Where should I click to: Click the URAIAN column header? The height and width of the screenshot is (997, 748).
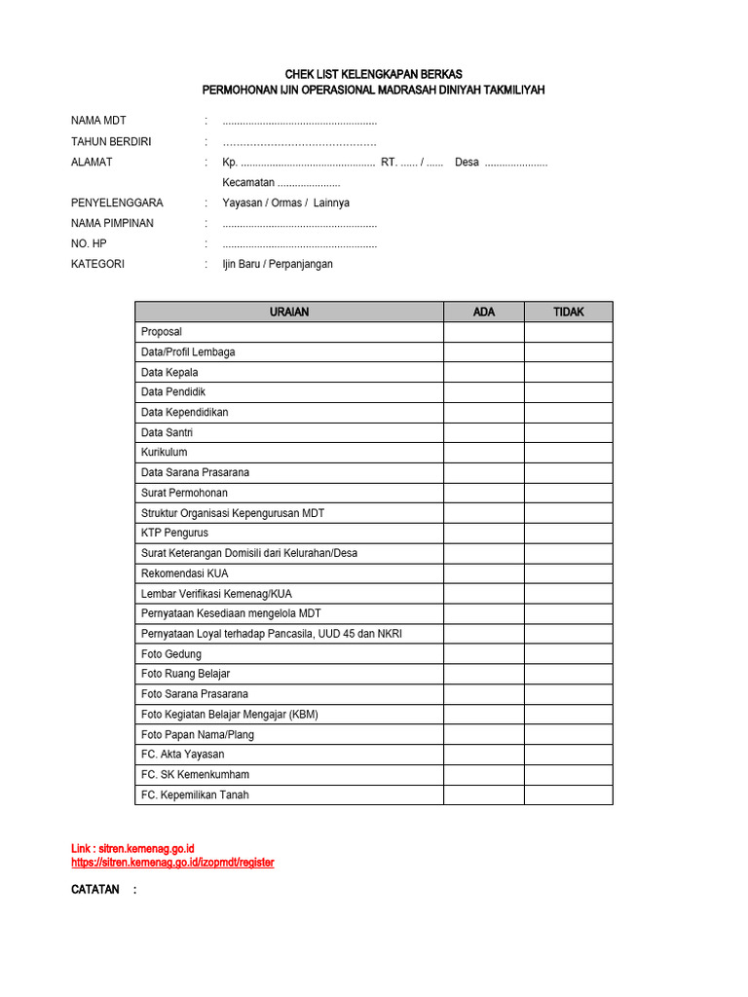(288, 312)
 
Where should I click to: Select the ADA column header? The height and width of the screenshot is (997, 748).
(484, 312)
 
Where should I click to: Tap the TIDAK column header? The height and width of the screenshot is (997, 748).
(569, 312)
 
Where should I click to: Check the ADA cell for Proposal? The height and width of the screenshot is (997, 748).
(484, 332)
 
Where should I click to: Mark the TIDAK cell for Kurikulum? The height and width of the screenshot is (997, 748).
(569, 453)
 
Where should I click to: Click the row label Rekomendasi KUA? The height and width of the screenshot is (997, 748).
(185, 573)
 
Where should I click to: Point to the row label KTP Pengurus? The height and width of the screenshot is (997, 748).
(174, 533)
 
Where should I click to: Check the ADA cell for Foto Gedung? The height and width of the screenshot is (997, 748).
(484, 654)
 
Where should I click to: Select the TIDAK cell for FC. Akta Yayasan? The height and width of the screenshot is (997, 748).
(569, 755)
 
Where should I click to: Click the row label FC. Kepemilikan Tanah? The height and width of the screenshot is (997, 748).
(195, 794)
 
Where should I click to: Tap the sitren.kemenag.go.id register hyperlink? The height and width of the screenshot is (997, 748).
(172, 863)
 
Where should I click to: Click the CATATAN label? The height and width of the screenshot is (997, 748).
(95, 890)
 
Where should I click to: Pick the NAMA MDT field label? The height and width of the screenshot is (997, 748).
(98, 121)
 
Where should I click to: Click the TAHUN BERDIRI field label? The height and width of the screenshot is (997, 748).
(111, 141)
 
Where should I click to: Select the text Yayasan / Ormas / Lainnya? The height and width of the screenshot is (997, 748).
(285, 203)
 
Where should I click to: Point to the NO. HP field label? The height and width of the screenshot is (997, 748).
(89, 243)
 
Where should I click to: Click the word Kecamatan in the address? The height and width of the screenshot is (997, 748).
(248, 183)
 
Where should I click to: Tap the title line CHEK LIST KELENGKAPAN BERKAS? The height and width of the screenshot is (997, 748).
(373, 74)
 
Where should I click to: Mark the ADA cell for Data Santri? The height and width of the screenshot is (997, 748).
(484, 432)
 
